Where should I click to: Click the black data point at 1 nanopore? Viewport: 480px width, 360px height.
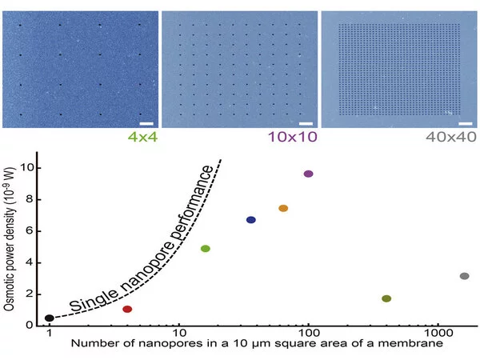[x=50, y=318]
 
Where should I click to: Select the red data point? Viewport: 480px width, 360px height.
[x=127, y=309]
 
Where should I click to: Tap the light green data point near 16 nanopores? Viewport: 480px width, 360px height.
[x=206, y=249]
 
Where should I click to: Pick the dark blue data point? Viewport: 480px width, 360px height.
[x=251, y=220]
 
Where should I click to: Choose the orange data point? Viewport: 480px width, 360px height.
[x=283, y=208]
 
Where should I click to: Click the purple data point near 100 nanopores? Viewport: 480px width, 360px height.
[x=309, y=174]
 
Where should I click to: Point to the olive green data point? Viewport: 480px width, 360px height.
[x=386, y=298]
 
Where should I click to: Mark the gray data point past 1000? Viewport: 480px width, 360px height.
[x=465, y=276]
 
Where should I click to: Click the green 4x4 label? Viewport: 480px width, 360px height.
[x=138, y=138]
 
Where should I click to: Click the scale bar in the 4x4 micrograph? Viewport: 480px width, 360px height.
[x=146, y=123]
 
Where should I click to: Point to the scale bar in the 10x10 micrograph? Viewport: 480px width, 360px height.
[x=306, y=123]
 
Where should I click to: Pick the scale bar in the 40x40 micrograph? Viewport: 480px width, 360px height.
[x=466, y=123]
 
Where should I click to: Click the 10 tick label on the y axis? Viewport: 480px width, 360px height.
[x=29, y=168]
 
